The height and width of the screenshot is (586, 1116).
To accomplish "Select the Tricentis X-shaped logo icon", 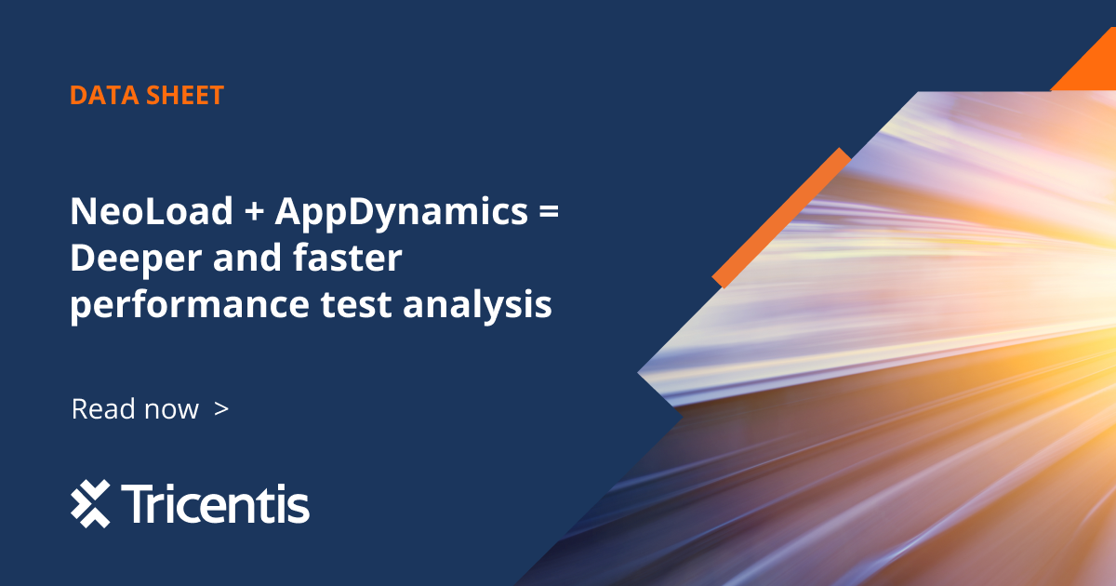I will pos(90,504).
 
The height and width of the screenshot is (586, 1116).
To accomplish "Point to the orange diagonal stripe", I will pos(782,216).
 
